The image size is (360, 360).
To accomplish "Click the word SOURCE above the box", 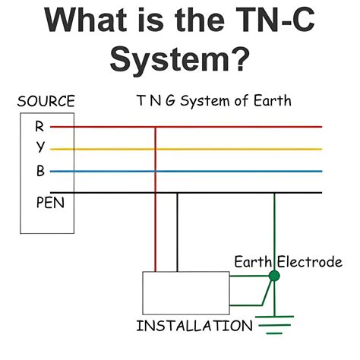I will point(46,102).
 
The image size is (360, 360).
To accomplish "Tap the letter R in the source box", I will point(39,126).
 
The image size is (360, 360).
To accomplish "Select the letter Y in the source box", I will point(39,148).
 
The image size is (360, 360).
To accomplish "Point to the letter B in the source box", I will point(39,171).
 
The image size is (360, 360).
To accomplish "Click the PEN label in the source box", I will point(47,203).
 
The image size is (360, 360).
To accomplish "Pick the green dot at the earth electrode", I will point(274,276).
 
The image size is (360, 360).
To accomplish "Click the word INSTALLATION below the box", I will point(194,327).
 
